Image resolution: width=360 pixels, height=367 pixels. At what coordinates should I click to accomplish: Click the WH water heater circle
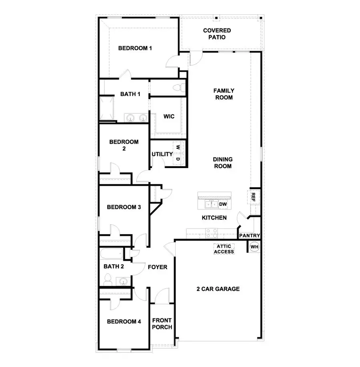[254, 247]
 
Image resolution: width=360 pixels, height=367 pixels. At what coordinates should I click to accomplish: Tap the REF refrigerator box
[253, 196]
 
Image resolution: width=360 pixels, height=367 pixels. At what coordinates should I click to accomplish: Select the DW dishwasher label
[223, 205]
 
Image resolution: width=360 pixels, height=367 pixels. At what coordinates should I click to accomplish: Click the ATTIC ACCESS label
[224, 249]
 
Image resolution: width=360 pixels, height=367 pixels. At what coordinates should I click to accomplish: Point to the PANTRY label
[250, 236]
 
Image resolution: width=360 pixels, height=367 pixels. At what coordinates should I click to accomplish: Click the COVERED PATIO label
[217, 34]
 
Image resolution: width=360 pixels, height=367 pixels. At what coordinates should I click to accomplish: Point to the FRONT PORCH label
[162, 323]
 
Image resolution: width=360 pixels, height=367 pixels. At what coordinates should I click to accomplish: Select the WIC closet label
[168, 116]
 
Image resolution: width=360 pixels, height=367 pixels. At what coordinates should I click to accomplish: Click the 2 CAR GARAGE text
[218, 289]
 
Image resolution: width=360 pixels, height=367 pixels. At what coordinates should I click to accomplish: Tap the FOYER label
[158, 267]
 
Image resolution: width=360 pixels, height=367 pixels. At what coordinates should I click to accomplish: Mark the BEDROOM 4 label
[124, 321]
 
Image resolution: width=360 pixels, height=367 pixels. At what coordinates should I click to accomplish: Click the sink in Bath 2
[123, 281]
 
